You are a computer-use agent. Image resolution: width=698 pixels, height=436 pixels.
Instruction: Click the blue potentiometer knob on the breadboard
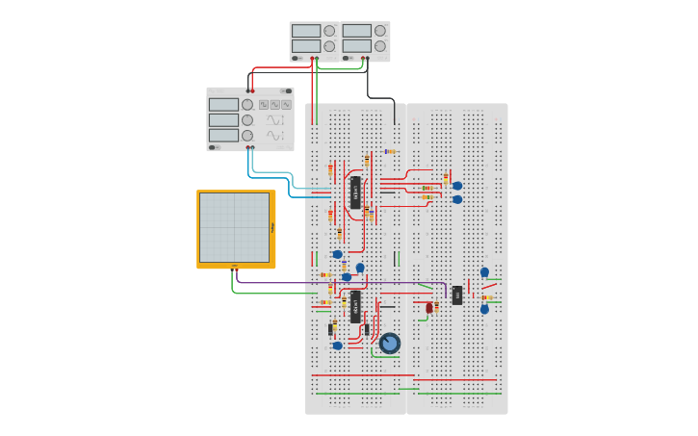(389, 343)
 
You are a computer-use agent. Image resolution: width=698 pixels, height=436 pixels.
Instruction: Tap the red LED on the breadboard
(429, 308)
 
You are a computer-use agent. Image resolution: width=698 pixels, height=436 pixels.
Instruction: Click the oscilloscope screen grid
(235, 228)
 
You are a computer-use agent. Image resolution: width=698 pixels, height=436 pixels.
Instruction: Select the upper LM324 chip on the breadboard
(355, 192)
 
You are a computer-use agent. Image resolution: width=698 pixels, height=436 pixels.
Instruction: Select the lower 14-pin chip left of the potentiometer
(355, 306)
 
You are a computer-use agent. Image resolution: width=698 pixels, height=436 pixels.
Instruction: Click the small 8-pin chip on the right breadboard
(457, 295)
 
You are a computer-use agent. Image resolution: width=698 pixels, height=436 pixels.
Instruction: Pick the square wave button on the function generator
(264, 104)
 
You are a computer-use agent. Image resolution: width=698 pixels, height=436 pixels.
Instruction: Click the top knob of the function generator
(247, 105)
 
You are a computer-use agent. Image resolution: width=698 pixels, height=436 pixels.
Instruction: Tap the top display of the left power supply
(306, 31)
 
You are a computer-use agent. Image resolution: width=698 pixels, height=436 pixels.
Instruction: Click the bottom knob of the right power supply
(380, 46)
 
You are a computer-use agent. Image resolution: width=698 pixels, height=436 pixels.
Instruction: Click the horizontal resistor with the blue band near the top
(390, 151)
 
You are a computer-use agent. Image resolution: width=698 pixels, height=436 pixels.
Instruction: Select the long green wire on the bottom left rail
(356, 393)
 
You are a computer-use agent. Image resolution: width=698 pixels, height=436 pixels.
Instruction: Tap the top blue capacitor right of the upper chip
(457, 186)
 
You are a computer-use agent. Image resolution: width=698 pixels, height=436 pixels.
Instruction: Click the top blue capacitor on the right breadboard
(484, 272)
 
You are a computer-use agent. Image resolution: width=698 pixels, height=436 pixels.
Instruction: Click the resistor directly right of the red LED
(437, 307)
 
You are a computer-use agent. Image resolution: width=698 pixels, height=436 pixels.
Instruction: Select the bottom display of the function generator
(223, 136)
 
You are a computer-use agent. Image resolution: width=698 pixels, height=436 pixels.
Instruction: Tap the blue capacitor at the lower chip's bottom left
(337, 346)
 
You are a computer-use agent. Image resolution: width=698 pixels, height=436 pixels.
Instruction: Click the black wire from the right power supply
(380, 97)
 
